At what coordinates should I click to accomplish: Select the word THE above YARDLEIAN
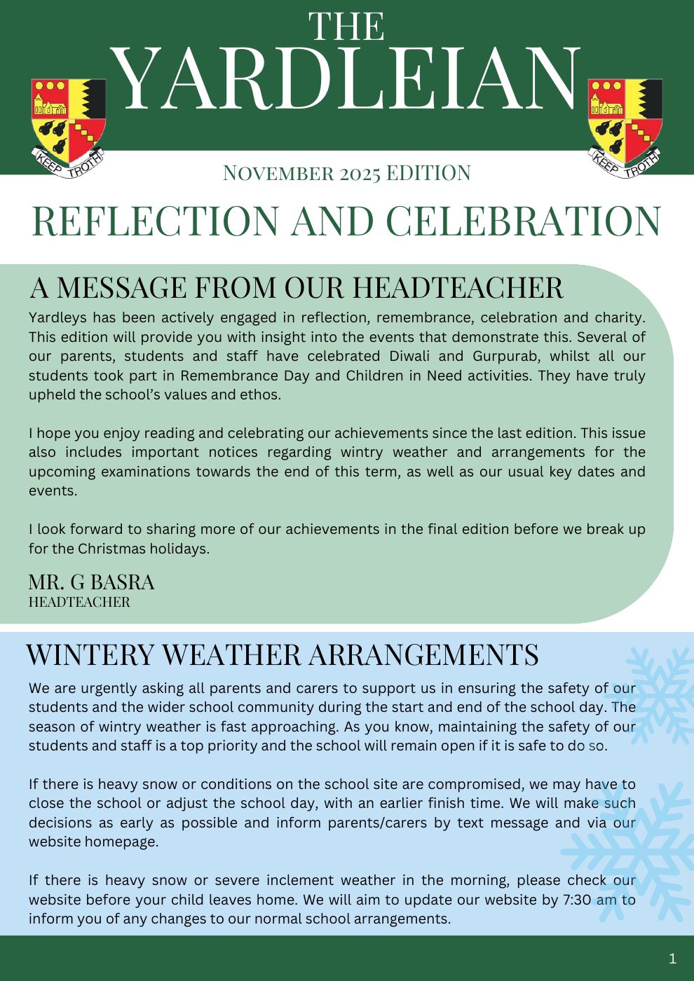347,27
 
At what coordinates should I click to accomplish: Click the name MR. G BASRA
91,582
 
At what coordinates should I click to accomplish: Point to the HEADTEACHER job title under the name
79,602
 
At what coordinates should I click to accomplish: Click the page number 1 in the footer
673,958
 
